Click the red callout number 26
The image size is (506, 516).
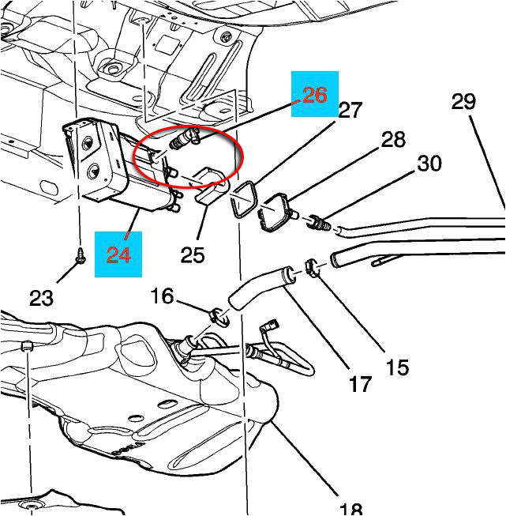(x=314, y=95)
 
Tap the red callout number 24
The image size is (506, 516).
(x=118, y=254)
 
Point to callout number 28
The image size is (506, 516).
(x=392, y=140)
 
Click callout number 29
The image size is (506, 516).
(x=463, y=101)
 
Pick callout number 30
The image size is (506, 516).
(x=429, y=164)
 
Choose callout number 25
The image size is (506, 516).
(x=193, y=254)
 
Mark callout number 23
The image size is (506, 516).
(x=41, y=298)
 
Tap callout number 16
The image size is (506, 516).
(x=162, y=296)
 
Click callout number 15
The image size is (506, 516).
(x=397, y=367)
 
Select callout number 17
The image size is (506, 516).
(x=360, y=385)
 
